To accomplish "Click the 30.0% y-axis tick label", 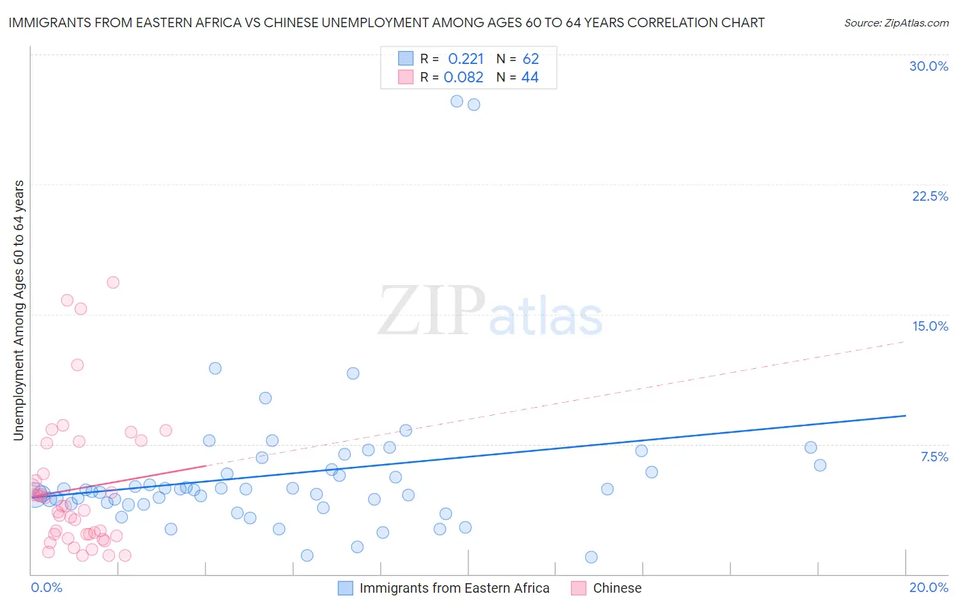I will point(928,66).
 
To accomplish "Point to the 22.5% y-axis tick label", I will point(930,196).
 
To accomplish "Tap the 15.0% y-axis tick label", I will point(930,326).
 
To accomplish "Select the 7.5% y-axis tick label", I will point(934,457).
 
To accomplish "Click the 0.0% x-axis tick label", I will point(46,587).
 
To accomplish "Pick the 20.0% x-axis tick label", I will point(928,587).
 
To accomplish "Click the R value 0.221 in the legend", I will point(466,59).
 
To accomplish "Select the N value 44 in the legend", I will point(530,78).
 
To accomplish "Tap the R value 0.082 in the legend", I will point(464,78).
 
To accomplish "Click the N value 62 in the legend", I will point(530,59).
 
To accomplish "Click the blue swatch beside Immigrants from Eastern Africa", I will point(346,588).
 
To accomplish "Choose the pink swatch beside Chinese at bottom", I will point(579,588).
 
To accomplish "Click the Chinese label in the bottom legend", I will point(617,588).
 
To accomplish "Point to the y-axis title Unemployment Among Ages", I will point(18,310).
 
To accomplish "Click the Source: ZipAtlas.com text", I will point(896,23).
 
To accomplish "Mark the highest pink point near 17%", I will point(113,282).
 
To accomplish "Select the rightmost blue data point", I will point(820,465).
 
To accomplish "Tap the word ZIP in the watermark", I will point(432,312).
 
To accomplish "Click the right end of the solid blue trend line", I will point(905,415).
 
